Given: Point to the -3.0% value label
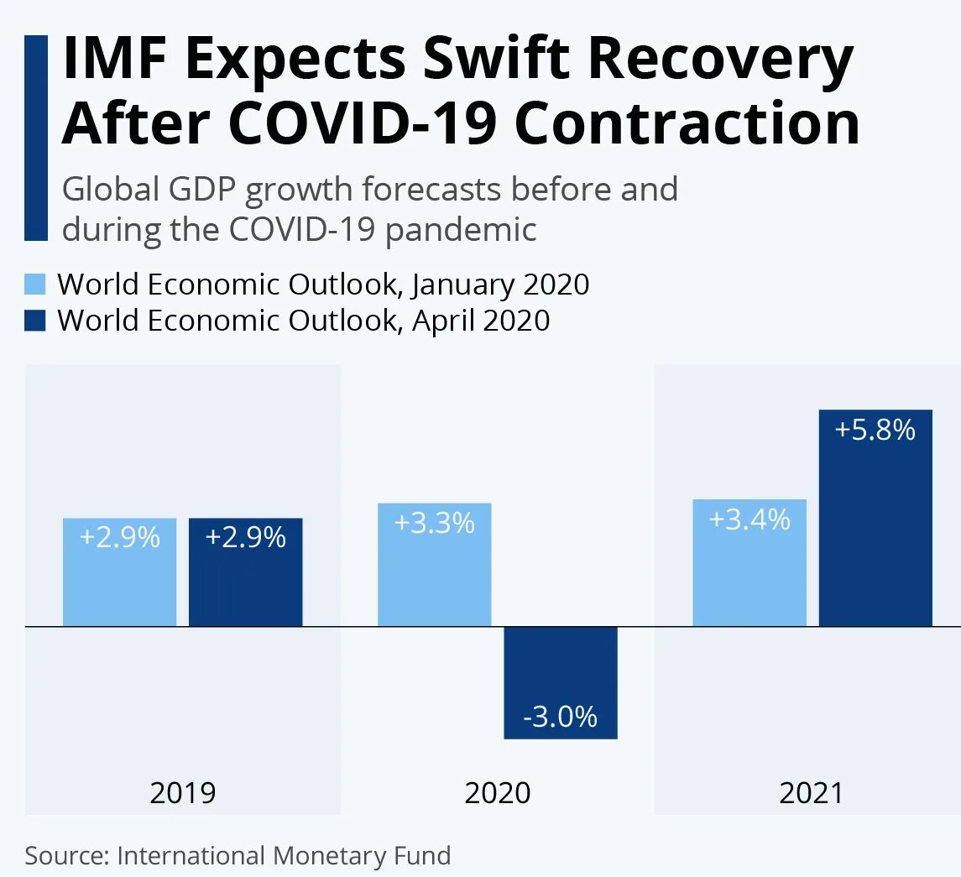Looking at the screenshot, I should (560, 717).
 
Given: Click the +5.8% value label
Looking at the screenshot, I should (875, 431).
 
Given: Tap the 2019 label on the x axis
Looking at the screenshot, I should (183, 793).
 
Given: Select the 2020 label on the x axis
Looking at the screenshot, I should (498, 793).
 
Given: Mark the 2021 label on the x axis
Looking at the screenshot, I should (812, 793).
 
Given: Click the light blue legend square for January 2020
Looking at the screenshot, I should (35, 284).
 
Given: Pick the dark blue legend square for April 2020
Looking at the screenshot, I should (35, 320).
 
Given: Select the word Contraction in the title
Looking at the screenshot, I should (687, 123).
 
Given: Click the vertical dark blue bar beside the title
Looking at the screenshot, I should (36, 138).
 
